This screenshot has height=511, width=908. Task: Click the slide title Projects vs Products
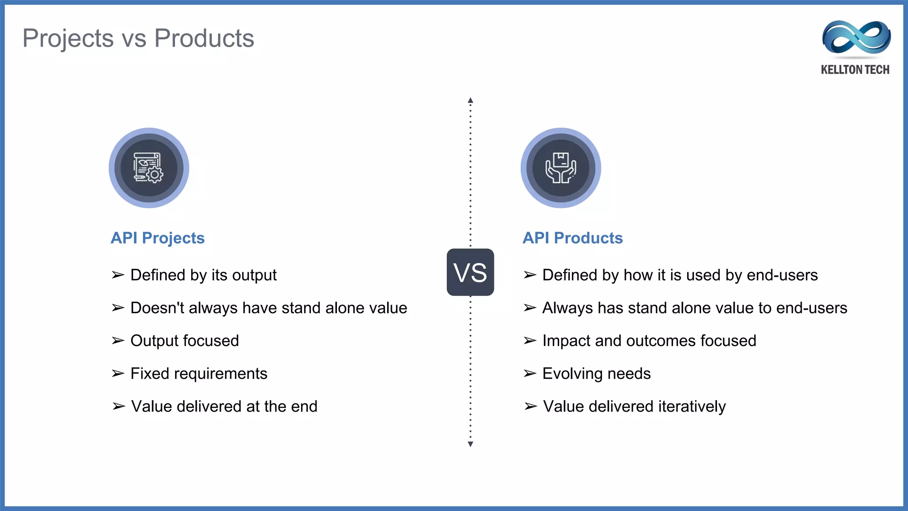click(138, 38)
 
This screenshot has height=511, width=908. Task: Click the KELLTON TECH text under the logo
click(855, 70)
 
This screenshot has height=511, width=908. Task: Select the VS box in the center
click(470, 272)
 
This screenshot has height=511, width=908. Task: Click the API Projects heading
click(157, 238)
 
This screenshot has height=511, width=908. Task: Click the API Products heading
click(572, 238)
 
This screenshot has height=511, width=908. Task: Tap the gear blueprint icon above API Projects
click(149, 168)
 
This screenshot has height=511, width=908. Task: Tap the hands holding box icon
click(560, 168)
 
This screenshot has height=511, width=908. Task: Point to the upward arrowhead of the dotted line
click(470, 100)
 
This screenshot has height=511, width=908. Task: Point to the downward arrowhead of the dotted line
click(470, 444)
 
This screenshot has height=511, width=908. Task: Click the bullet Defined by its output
click(203, 275)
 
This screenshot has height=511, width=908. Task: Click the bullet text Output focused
click(184, 341)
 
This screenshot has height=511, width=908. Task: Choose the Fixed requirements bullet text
click(199, 373)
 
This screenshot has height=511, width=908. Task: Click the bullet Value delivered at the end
click(224, 406)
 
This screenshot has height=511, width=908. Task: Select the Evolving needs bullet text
click(596, 373)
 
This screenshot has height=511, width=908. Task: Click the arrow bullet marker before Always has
click(530, 308)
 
